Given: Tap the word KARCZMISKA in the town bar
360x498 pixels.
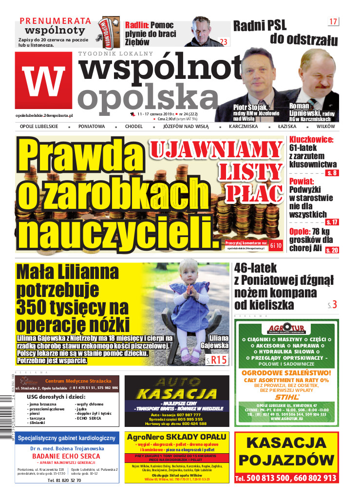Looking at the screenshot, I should click(243, 126).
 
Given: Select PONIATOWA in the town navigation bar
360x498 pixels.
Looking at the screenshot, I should click(92, 126).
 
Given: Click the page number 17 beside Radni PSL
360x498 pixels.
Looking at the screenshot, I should click(334, 21).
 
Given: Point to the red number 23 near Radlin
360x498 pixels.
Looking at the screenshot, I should click(224, 42).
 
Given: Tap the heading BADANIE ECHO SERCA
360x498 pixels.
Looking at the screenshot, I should click(66, 456).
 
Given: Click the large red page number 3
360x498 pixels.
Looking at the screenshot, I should click(335, 305).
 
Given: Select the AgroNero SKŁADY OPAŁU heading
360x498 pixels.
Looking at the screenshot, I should click(176, 437).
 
